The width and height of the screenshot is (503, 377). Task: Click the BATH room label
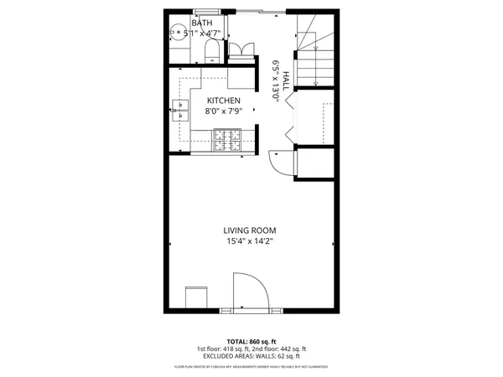pyautogui.click(x=201, y=23)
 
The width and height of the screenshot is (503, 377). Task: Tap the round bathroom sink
pyautogui.click(x=177, y=34)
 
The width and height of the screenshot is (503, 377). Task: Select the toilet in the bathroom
pyautogui.click(x=212, y=54)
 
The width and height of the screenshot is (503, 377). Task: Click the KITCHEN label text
pyautogui.click(x=224, y=101)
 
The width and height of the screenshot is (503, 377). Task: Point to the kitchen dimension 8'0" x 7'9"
pyautogui.click(x=224, y=111)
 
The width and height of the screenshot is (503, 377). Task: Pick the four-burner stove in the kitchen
pyautogui.click(x=227, y=139)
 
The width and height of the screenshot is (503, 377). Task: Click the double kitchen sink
pyautogui.click(x=179, y=111)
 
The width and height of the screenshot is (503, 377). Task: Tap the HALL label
pyautogui.click(x=286, y=80)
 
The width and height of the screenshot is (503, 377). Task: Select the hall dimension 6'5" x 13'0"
pyautogui.click(x=276, y=80)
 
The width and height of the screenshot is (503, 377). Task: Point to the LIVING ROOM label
pyautogui.click(x=249, y=230)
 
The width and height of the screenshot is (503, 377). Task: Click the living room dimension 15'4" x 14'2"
pyautogui.click(x=249, y=241)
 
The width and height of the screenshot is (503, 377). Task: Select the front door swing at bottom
pyautogui.click(x=249, y=293)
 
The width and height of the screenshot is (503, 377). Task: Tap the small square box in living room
pyautogui.click(x=196, y=297)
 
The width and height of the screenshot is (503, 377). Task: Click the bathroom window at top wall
pyautogui.click(x=204, y=11)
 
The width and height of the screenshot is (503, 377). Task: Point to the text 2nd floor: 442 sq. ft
pyautogui.click(x=280, y=349)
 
